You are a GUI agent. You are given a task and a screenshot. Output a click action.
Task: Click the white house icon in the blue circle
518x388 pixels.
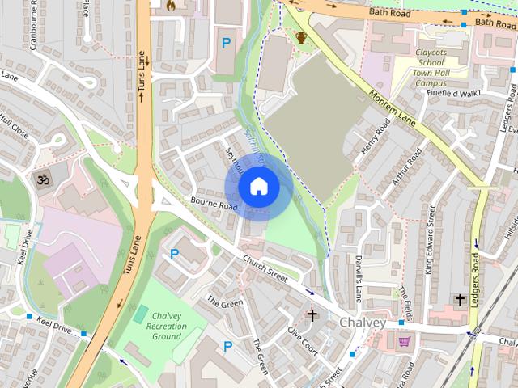coord(258,187)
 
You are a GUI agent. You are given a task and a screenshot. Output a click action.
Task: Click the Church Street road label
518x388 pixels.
coord(266,269)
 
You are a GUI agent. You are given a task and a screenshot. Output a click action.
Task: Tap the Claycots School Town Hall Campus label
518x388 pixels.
coord(436,66)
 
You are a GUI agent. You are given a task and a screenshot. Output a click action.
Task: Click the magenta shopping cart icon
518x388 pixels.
coord(403,342)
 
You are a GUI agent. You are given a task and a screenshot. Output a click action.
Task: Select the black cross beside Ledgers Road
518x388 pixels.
coord(460,300)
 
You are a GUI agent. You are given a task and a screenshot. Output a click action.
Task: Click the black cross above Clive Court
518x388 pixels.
coord(312,314)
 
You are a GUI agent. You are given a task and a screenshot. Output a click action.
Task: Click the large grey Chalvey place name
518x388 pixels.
coord(363,323)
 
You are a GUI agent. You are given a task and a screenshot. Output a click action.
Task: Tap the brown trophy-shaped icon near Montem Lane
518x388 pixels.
coord(301,37)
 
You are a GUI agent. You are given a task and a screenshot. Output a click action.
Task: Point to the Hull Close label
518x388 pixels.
coord(14,128)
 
